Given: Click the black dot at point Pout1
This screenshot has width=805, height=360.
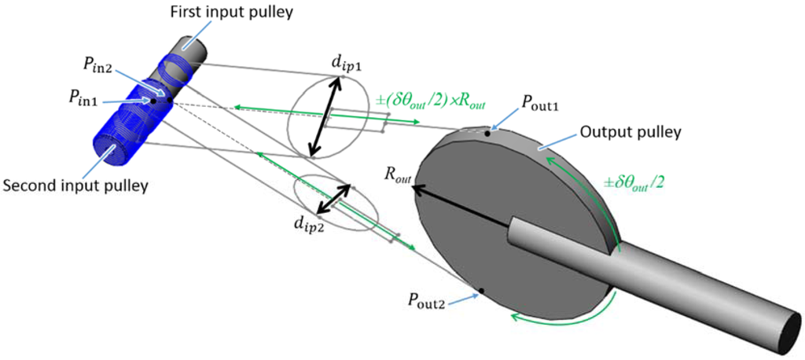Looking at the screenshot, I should [488, 134].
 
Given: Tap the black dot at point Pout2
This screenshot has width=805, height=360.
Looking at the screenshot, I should [481, 291].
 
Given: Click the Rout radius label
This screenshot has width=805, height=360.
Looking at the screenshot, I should [398, 179].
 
